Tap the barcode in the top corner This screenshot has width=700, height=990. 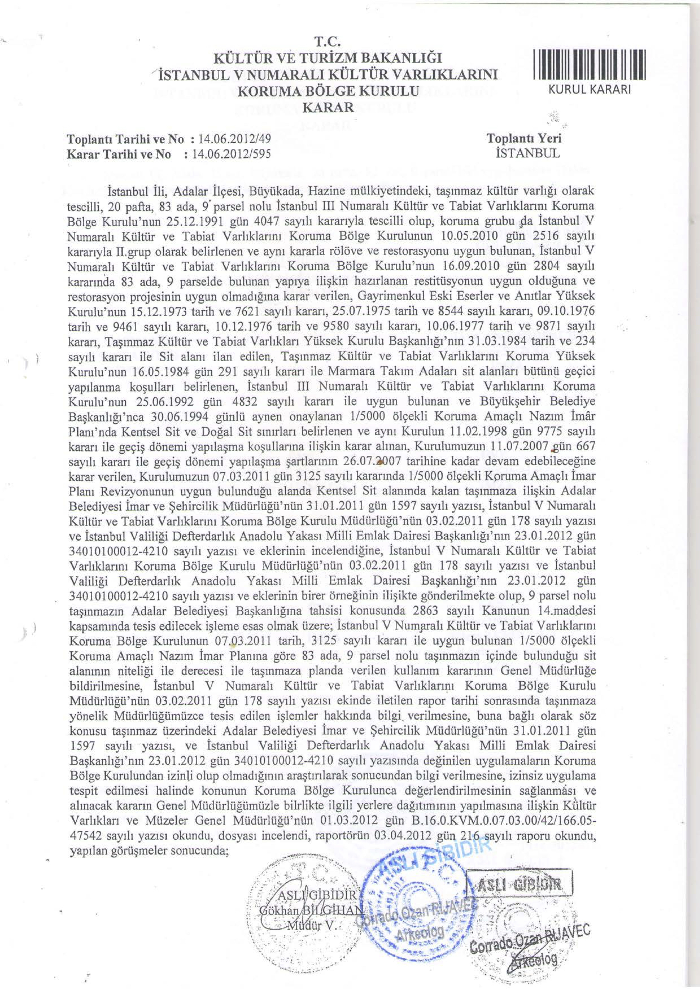589,65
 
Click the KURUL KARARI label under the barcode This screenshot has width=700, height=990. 589,90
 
